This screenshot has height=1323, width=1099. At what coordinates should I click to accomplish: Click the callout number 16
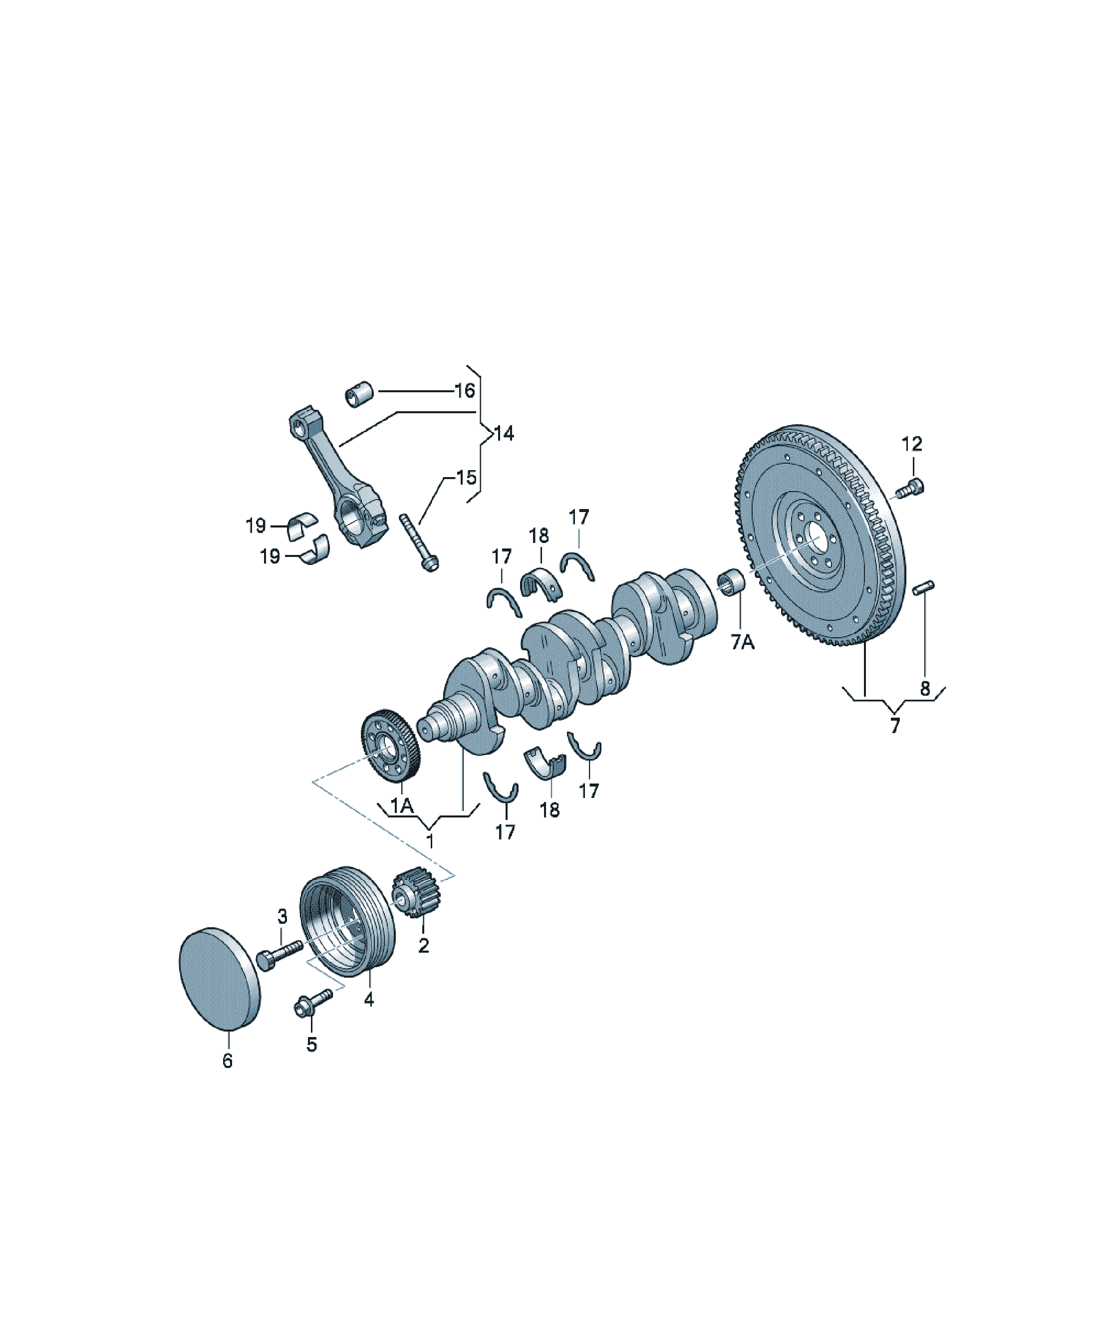(465, 391)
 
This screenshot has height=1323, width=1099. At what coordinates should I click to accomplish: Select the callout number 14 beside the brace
(504, 434)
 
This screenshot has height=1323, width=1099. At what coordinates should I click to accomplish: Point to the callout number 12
(912, 444)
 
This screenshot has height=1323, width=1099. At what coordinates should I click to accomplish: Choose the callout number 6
(228, 1061)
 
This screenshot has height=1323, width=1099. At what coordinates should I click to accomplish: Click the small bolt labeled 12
(911, 488)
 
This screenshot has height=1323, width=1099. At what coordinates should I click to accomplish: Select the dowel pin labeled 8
(924, 587)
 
